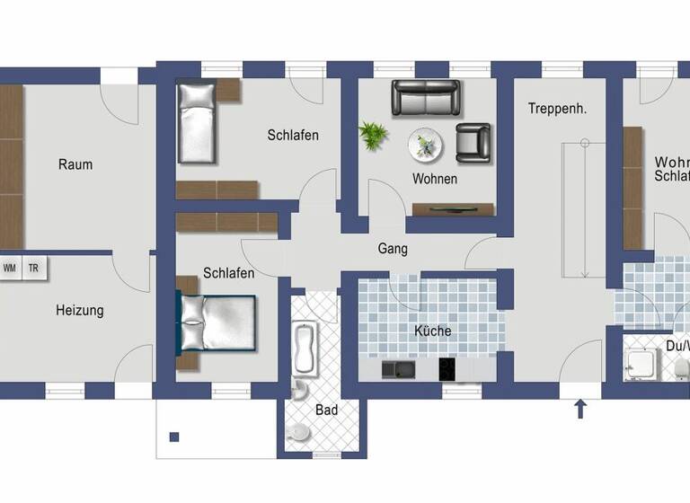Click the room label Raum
point(75,164)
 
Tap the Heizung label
point(80,311)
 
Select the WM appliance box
point(11,268)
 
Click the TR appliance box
point(33,268)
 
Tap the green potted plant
point(373,135)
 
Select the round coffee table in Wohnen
point(426,144)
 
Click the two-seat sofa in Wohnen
point(426,98)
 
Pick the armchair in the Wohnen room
point(473,142)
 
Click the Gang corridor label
point(393,249)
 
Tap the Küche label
point(432,331)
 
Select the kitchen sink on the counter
point(396,368)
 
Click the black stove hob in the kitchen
point(448,368)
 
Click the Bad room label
point(326,410)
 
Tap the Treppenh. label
point(557,109)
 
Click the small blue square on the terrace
point(174,437)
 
